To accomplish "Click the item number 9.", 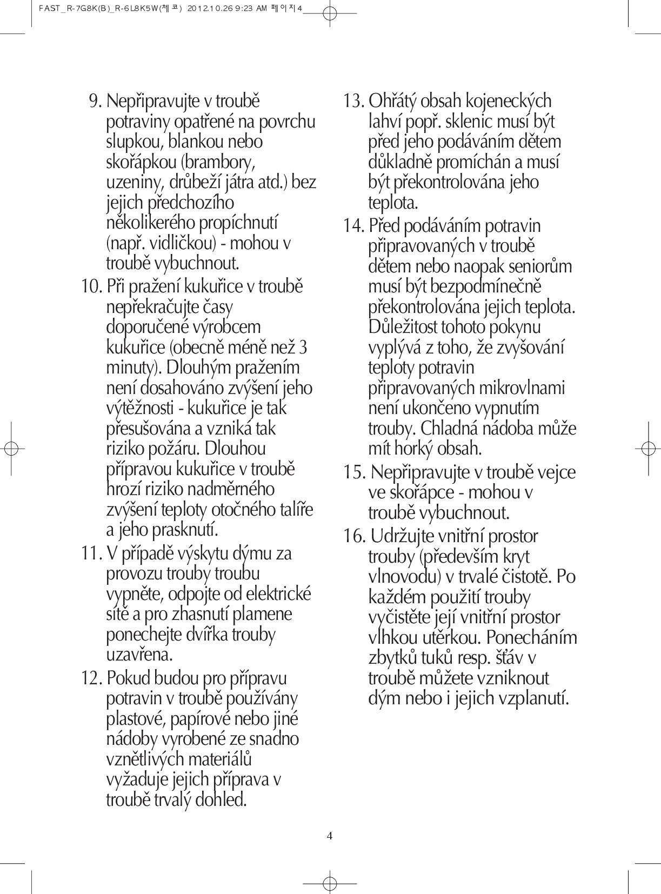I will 95,101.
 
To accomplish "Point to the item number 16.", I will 354,536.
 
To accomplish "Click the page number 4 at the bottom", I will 330,836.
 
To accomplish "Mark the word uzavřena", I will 139,655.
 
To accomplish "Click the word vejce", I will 556,472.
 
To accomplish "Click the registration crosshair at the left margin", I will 12,448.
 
